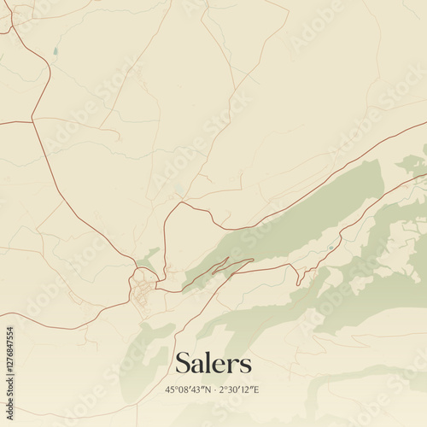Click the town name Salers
(213, 363)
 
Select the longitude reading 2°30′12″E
(238, 390)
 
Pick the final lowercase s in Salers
(246, 366)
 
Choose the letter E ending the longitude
(255, 390)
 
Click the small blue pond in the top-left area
(55, 51)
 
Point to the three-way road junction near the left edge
(32, 121)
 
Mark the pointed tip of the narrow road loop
(253, 260)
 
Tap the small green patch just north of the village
(149, 257)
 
